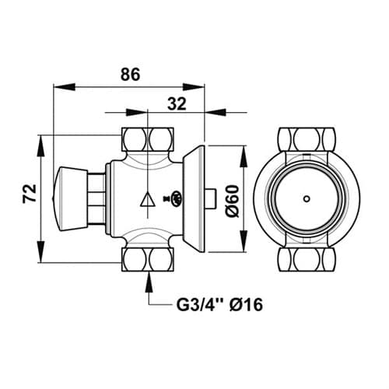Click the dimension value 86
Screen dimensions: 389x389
(x=130, y=75)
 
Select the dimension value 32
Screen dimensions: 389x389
(x=177, y=104)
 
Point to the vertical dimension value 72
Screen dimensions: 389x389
(x=30, y=193)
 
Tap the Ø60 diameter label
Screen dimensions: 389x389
(x=232, y=202)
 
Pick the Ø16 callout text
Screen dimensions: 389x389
(x=246, y=304)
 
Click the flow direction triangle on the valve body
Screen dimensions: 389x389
(x=148, y=199)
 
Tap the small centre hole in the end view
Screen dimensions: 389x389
(x=307, y=199)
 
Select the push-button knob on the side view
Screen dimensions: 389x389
(x=70, y=199)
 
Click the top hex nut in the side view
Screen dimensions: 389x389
(x=148, y=139)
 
